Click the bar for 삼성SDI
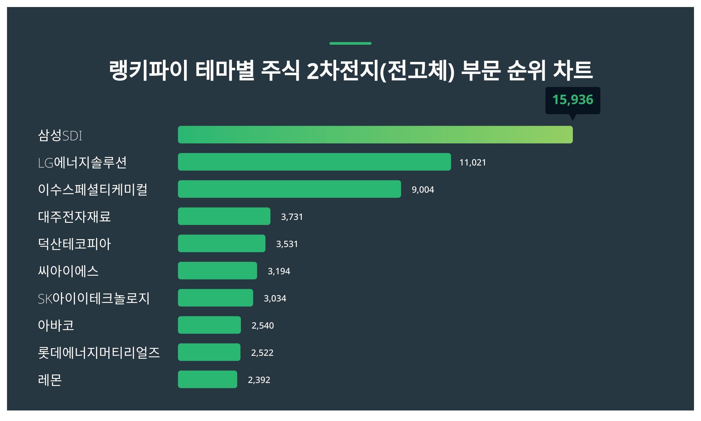pyautogui.click(x=375, y=135)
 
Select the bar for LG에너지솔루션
pyautogui.click(x=314, y=162)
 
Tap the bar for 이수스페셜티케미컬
pyautogui.click(x=289, y=189)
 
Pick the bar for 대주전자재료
pyautogui.click(x=224, y=216)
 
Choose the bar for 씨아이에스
pyautogui.click(x=217, y=271)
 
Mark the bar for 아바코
pyautogui.click(x=209, y=325)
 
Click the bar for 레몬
pyautogui.click(x=207, y=379)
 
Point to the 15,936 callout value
pyautogui.click(x=572, y=100)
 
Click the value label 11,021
pyautogui.click(x=473, y=163)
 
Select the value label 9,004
pyautogui.click(x=423, y=190)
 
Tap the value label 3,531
pyautogui.click(x=287, y=244)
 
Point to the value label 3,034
pyautogui.click(x=275, y=299)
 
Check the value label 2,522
pyautogui.click(x=262, y=353)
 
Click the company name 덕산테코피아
pyautogui.click(x=74, y=244)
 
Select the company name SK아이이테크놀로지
pyautogui.click(x=94, y=299)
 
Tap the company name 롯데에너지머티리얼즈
pyautogui.click(x=99, y=353)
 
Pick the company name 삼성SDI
pyautogui.click(x=60, y=135)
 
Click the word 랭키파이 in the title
pyautogui.click(x=148, y=70)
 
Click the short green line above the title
pyautogui.click(x=350, y=44)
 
